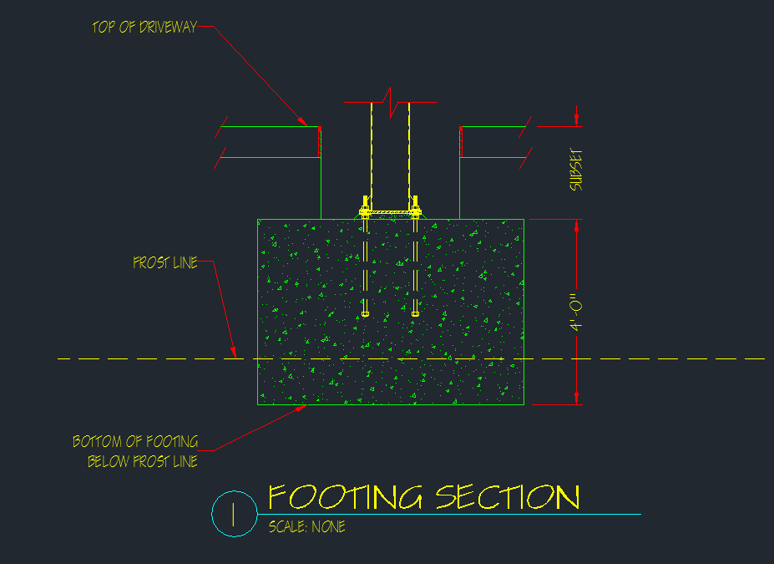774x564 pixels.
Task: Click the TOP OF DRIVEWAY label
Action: (x=144, y=27)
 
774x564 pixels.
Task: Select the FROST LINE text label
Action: (x=165, y=263)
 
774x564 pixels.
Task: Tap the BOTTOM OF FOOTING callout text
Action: (x=135, y=442)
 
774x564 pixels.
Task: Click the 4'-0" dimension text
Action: (x=575, y=312)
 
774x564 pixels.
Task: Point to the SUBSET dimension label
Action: (x=575, y=171)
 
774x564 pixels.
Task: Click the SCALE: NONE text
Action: (x=306, y=527)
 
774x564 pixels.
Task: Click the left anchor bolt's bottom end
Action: (x=365, y=313)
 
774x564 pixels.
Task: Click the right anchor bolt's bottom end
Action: (x=415, y=313)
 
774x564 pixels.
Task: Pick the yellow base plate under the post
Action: (x=390, y=212)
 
